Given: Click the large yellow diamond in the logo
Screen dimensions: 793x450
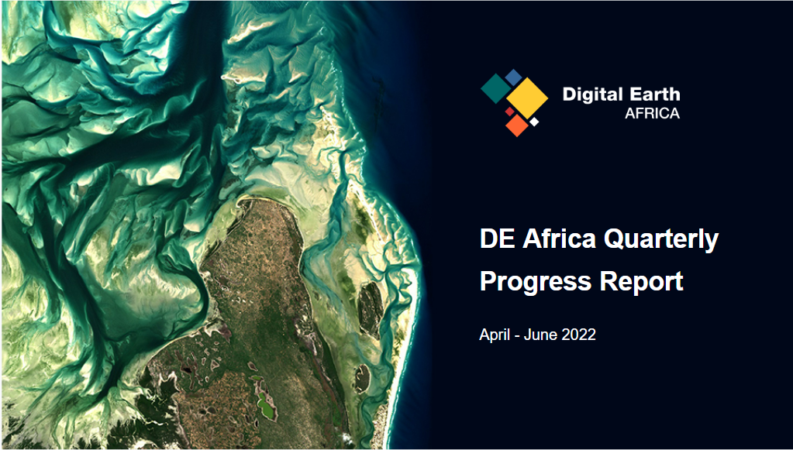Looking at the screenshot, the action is (x=527, y=98).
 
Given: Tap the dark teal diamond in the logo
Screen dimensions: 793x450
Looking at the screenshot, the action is (x=496, y=88).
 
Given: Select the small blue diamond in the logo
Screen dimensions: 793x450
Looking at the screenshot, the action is (x=513, y=77).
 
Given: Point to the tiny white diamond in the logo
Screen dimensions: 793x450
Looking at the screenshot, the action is (x=534, y=122).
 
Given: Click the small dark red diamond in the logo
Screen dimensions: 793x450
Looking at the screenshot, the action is (x=510, y=111).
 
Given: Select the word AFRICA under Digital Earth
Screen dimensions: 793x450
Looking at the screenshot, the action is (x=653, y=114).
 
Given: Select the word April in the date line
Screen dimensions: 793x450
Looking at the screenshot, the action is (x=494, y=335).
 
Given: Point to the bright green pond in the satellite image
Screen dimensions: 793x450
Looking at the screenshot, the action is (x=267, y=407).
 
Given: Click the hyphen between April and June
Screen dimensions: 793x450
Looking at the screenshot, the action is (x=516, y=336).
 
